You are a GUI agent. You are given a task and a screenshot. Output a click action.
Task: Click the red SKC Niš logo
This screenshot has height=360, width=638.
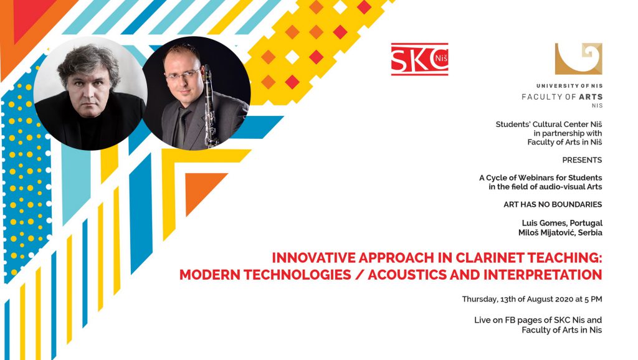tap(419, 59)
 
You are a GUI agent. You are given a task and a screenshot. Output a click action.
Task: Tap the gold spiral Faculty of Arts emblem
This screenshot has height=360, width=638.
tap(579, 59)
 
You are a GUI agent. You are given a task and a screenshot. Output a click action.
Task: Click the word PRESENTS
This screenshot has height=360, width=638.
tap(582, 160)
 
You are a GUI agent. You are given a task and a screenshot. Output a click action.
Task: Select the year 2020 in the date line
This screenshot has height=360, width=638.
tap(561, 300)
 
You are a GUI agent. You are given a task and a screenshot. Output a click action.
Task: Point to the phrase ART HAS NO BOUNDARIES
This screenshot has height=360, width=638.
tap(553, 204)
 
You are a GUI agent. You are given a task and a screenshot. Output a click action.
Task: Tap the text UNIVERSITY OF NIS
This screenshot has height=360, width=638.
tap(569, 86)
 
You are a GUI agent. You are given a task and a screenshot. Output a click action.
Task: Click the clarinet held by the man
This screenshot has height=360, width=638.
tap(209, 107)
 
